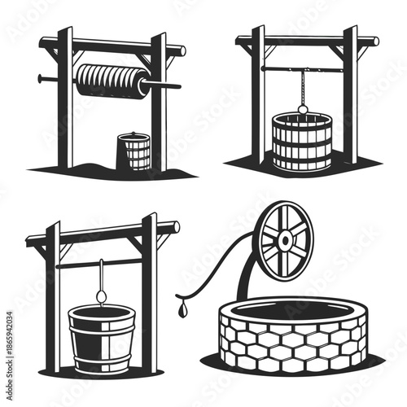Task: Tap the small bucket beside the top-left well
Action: [134, 151]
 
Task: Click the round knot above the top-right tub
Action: [302, 109]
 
